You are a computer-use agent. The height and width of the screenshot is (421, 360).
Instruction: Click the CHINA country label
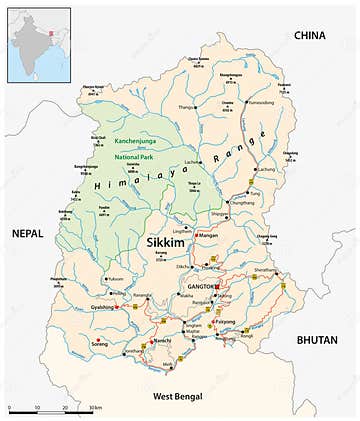point(310,36)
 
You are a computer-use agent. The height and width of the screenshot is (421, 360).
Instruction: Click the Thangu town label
point(185,106)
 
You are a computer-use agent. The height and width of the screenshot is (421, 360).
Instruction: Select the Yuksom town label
point(116,279)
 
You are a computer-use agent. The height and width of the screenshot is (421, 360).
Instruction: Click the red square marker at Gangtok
point(217,287)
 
